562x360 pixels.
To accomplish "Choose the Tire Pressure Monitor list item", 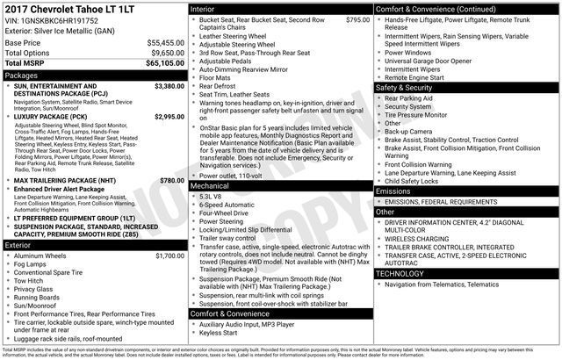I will pyautogui.click(x=419, y=115).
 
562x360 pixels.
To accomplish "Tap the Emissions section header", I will pyautogui.click(x=393, y=191).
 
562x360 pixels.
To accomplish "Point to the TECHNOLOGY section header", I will pyautogui.click(x=400, y=273).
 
